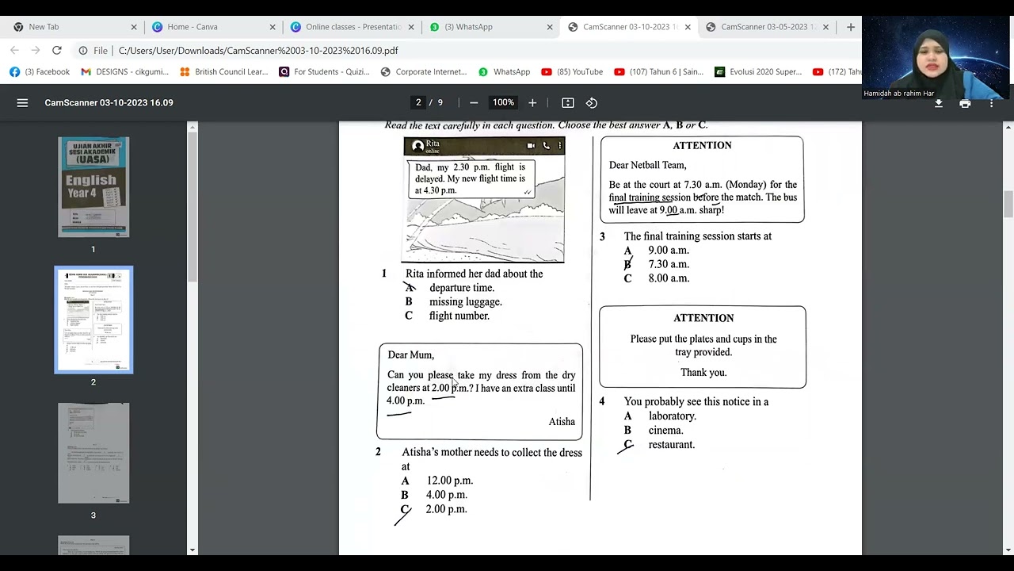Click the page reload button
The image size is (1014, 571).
pos(57,50)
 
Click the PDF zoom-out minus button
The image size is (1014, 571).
pos(474,103)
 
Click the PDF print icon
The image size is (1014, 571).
pos(965,103)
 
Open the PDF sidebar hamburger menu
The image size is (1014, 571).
pos(22,103)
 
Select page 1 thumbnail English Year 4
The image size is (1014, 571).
pos(93,187)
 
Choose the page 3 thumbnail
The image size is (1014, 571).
pos(93,453)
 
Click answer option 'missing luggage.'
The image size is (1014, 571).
pos(465,302)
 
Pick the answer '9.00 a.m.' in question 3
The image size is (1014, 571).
pos(669,251)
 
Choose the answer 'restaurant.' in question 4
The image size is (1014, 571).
pos(671,445)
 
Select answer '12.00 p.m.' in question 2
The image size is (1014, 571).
pos(449,481)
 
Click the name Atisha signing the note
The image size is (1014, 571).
pos(562,422)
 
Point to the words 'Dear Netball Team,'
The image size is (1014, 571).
pos(647,166)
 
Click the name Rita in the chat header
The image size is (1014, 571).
pos(433,144)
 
